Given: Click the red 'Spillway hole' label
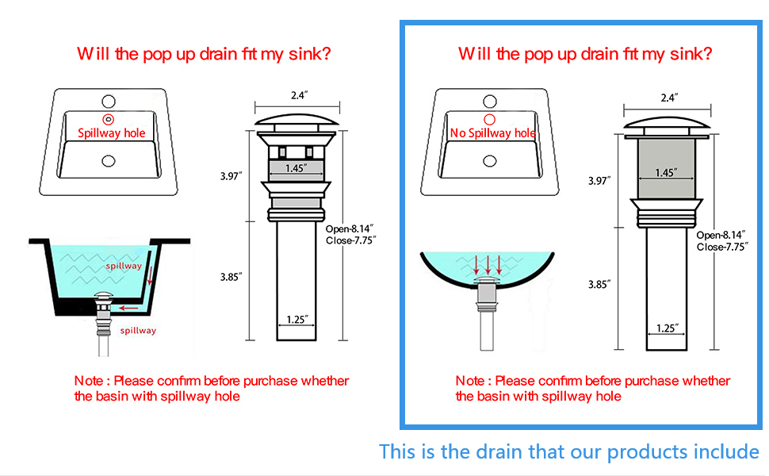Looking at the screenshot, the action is pos(111,133).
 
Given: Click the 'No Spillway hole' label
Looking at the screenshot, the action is pos(492,133).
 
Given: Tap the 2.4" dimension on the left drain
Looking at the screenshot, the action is pos(298,95).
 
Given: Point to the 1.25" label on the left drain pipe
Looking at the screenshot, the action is pos(297,320).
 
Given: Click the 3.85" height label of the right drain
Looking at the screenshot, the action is pos(599,284).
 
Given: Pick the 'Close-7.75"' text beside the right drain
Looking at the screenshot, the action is pos(721,247).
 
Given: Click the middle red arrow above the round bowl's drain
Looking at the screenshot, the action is pos(488,264).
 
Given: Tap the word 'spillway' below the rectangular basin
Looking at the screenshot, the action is pos(138,330).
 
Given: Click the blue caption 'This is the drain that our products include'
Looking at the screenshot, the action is pos(568,451).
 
